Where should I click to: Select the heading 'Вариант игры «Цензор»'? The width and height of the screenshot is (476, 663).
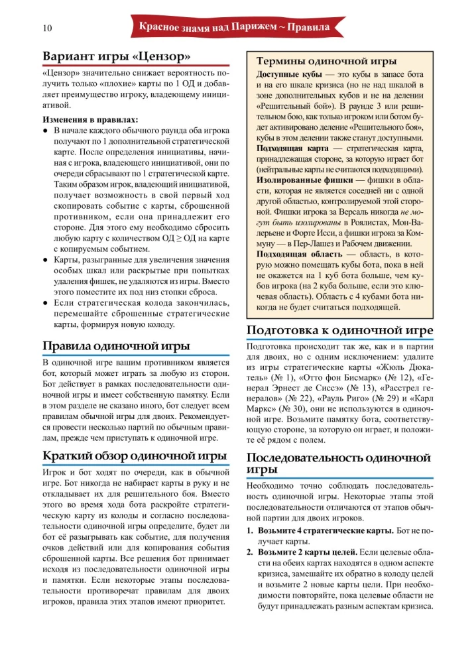[117, 56]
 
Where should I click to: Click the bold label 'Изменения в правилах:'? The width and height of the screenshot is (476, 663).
[86, 120]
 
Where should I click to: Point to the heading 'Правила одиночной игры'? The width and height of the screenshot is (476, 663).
[116, 346]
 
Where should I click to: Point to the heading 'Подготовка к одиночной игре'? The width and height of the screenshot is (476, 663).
[339, 330]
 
